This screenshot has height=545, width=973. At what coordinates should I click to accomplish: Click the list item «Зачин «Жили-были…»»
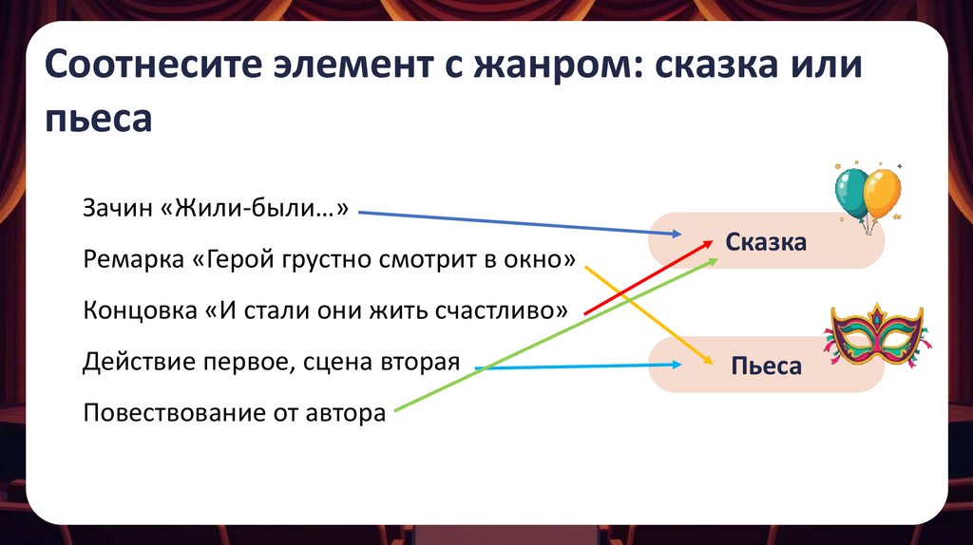(x=217, y=208)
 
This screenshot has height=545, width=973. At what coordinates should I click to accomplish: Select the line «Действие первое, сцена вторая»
(x=272, y=361)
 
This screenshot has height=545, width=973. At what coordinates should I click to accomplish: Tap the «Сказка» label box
(x=766, y=241)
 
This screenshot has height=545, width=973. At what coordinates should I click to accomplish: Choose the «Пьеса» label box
(x=766, y=366)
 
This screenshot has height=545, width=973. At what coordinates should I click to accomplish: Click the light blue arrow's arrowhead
(x=677, y=365)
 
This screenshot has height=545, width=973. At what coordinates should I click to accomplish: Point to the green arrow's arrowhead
(x=715, y=259)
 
